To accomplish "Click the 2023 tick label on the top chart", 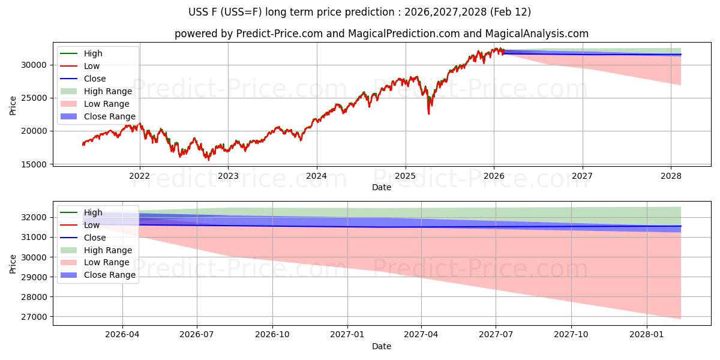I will tap(228, 176).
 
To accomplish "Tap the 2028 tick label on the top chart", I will tap(671, 176).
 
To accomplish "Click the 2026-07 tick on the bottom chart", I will tap(197, 335).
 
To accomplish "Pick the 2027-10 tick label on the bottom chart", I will tap(571, 335).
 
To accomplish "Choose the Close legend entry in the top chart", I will tap(95, 79).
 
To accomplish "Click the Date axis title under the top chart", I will tap(382, 187).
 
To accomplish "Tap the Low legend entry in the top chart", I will tap(92, 66).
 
